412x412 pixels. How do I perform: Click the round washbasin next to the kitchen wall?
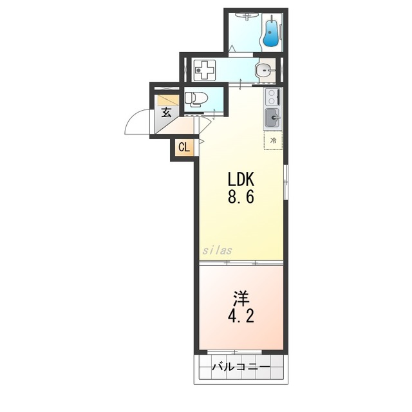tap(263, 70)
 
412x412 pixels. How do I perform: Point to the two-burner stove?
tap(272, 97)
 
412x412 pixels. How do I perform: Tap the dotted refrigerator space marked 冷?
tap(273, 140)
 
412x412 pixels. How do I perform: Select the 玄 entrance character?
tap(166, 113)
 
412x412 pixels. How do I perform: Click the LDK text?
tap(240, 178)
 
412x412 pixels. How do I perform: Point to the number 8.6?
tap(240, 196)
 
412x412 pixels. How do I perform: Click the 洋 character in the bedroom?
tap(241, 298)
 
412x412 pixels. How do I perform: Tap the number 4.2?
tap(241, 317)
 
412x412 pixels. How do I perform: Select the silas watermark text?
tap(217, 250)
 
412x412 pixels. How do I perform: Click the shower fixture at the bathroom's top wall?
tap(273, 17)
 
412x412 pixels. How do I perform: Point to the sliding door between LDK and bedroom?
tap(240, 263)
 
